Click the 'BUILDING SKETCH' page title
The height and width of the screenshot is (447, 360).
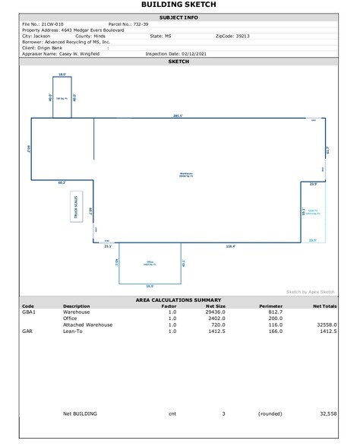pos(179,5)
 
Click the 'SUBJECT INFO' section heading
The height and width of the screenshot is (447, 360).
pos(179,17)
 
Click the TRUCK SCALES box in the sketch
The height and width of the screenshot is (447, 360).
pos(77,207)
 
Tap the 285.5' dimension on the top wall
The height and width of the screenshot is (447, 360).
pos(178,116)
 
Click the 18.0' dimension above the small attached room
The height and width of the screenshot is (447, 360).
pos(63,74)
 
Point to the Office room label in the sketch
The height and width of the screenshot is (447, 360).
pos(150,262)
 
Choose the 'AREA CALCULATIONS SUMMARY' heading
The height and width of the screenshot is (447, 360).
pos(179,300)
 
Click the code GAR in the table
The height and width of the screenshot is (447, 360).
pos(27,331)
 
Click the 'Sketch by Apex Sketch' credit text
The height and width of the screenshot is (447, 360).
pos(310,291)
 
